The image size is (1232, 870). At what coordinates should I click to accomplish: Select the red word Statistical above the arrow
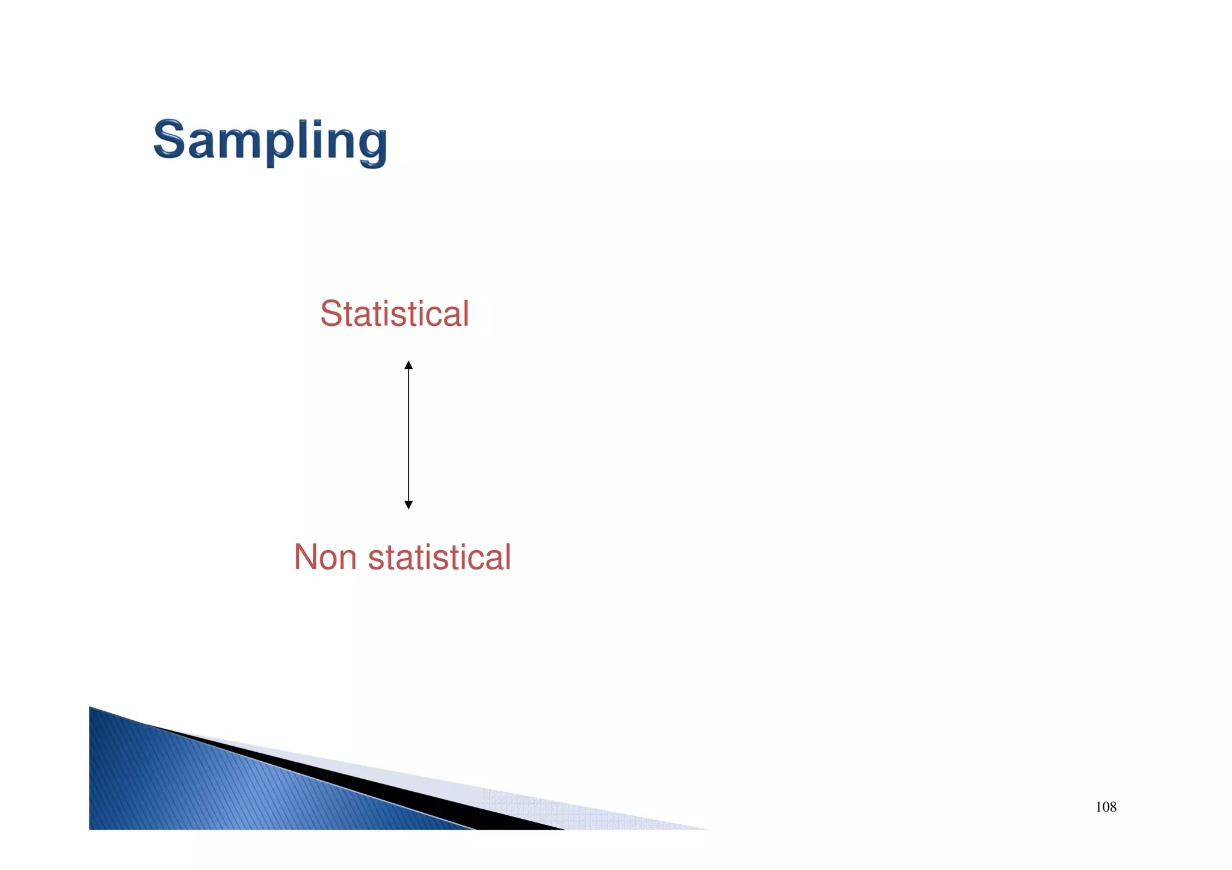[x=394, y=314]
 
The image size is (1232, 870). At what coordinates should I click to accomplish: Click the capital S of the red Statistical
[x=331, y=314]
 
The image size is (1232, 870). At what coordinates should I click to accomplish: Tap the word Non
[x=325, y=557]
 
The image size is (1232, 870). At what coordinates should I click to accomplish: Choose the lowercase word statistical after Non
[x=439, y=557]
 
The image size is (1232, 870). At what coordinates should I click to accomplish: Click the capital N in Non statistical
[x=306, y=557]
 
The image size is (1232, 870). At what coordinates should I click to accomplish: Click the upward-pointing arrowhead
[x=408, y=365]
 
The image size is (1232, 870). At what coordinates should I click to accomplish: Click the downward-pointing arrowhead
[x=408, y=504]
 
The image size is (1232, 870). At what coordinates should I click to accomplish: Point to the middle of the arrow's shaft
[x=408, y=435]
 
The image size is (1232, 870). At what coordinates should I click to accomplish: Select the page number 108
[x=1106, y=807]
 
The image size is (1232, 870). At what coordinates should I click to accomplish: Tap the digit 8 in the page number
[x=1113, y=807]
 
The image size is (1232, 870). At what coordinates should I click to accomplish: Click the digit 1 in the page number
[x=1098, y=807]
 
